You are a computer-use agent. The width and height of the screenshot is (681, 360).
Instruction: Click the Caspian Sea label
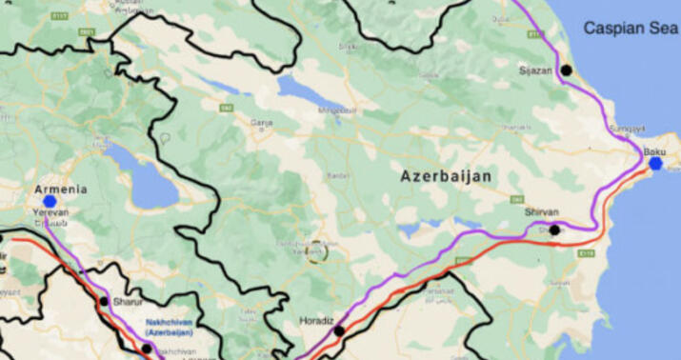click(631, 29)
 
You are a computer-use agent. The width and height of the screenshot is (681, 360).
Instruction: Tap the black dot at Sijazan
click(566, 70)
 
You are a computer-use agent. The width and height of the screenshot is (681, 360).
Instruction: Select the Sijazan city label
click(535, 70)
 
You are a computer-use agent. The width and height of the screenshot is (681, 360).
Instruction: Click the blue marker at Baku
click(655, 164)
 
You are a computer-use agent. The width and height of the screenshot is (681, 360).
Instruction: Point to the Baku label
click(654, 151)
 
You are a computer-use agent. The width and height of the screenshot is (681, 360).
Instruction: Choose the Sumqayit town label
click(627, 129)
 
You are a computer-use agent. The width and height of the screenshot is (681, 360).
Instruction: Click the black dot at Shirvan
click(554, 230)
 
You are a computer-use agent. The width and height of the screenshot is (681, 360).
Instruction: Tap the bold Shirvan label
click(542, 212)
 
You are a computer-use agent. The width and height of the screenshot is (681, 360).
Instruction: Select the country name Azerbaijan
click(446, 176)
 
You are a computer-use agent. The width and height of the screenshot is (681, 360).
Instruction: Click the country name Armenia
click(61, 190)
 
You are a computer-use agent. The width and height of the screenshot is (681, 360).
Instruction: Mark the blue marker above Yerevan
click(50, 201)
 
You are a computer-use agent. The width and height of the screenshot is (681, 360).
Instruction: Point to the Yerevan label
click(50, 212)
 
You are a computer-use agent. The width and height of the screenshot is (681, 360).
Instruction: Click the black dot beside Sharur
click(104, 301)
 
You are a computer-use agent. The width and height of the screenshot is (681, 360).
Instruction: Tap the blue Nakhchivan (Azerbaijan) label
click(170, 328)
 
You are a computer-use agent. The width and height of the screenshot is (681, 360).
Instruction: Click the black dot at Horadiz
click(339, 330)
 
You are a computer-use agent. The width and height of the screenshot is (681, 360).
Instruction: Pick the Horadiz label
click(317, 320)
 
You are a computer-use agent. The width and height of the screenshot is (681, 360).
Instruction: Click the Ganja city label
click(261, 123)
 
